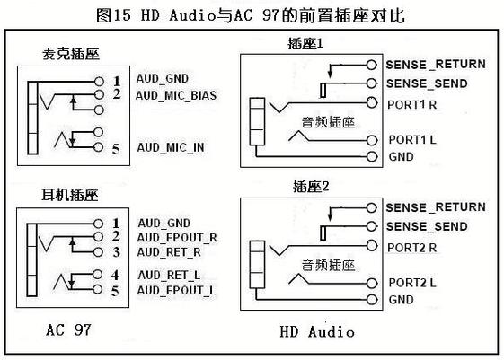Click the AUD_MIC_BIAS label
click(176, 96)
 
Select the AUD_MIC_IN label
click(171, 148)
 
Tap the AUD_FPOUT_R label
click(177, 238)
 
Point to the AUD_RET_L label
click(169, 276)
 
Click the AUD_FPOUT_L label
click(176, 291)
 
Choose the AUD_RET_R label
click(169, 253)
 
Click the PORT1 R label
click(412, 105)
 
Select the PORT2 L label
click(412, 283)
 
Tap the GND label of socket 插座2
click(402, 300)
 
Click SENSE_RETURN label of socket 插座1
click(436, 65)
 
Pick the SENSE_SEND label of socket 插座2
click(427, 227)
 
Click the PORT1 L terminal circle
click(372, 140)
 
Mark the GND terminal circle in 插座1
click(372, 157)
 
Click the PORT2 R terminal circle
click(372, 246)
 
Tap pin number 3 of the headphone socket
click(117, 252)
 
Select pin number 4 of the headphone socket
click(115, 275)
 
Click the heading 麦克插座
click(71, 54)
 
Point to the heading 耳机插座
click(70, 195)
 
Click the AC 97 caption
click(69, 330)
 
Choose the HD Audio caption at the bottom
click(317, 332)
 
